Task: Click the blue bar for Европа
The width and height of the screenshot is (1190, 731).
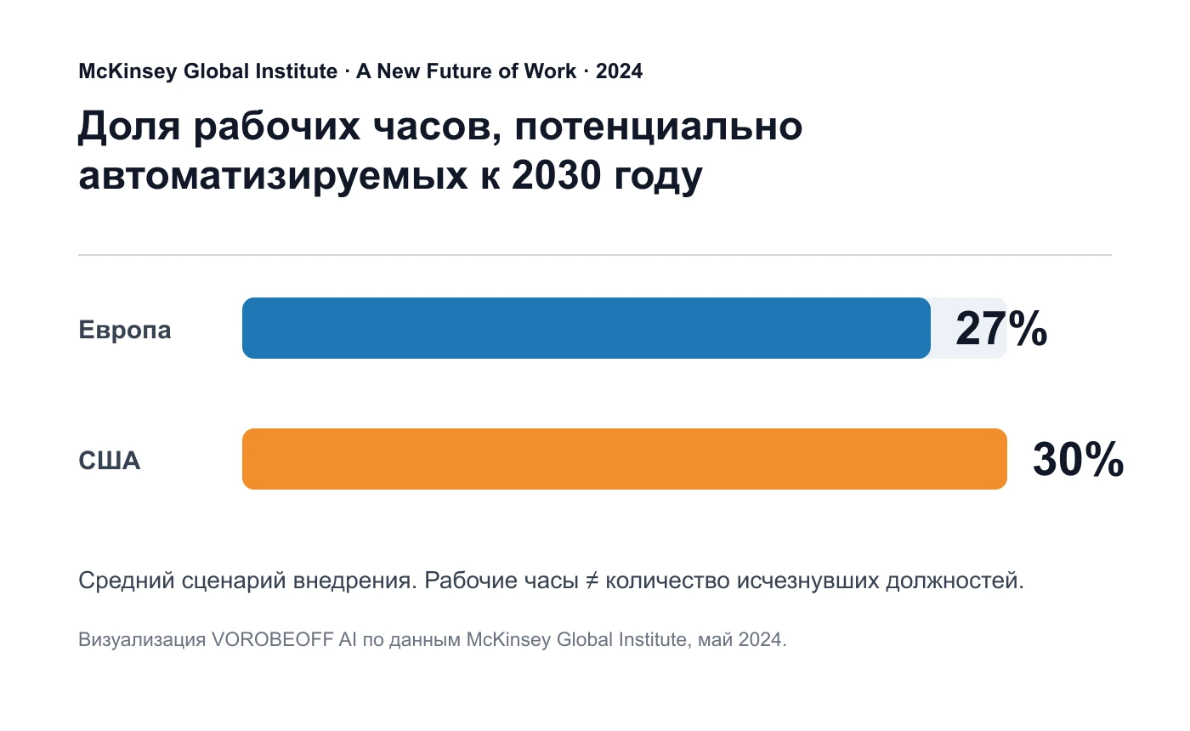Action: pos(586,328)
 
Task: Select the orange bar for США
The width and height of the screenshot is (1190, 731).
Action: pos(624,459)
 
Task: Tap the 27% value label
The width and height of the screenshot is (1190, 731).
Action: pos(1001,329)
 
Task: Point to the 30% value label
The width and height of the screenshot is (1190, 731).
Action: pos(1078,460)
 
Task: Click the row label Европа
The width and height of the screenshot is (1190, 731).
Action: pos(125,330)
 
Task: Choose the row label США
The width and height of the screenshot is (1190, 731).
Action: pos(110,461)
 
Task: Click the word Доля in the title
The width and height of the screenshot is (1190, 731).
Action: pos(129,127)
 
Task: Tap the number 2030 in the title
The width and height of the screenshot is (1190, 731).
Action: pos(556,175)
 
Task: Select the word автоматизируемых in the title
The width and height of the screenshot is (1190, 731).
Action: pos(273,177)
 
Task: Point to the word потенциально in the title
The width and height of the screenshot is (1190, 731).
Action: pos(658,127)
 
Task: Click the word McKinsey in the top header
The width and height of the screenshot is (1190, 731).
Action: pos(127,71)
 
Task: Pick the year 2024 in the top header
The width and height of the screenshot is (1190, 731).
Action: pos(619,71)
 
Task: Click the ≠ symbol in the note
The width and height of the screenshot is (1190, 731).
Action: pos(592,580)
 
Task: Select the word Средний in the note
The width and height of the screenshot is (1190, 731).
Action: pos(127,581)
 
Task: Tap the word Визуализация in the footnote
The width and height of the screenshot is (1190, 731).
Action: pos(142,639)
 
